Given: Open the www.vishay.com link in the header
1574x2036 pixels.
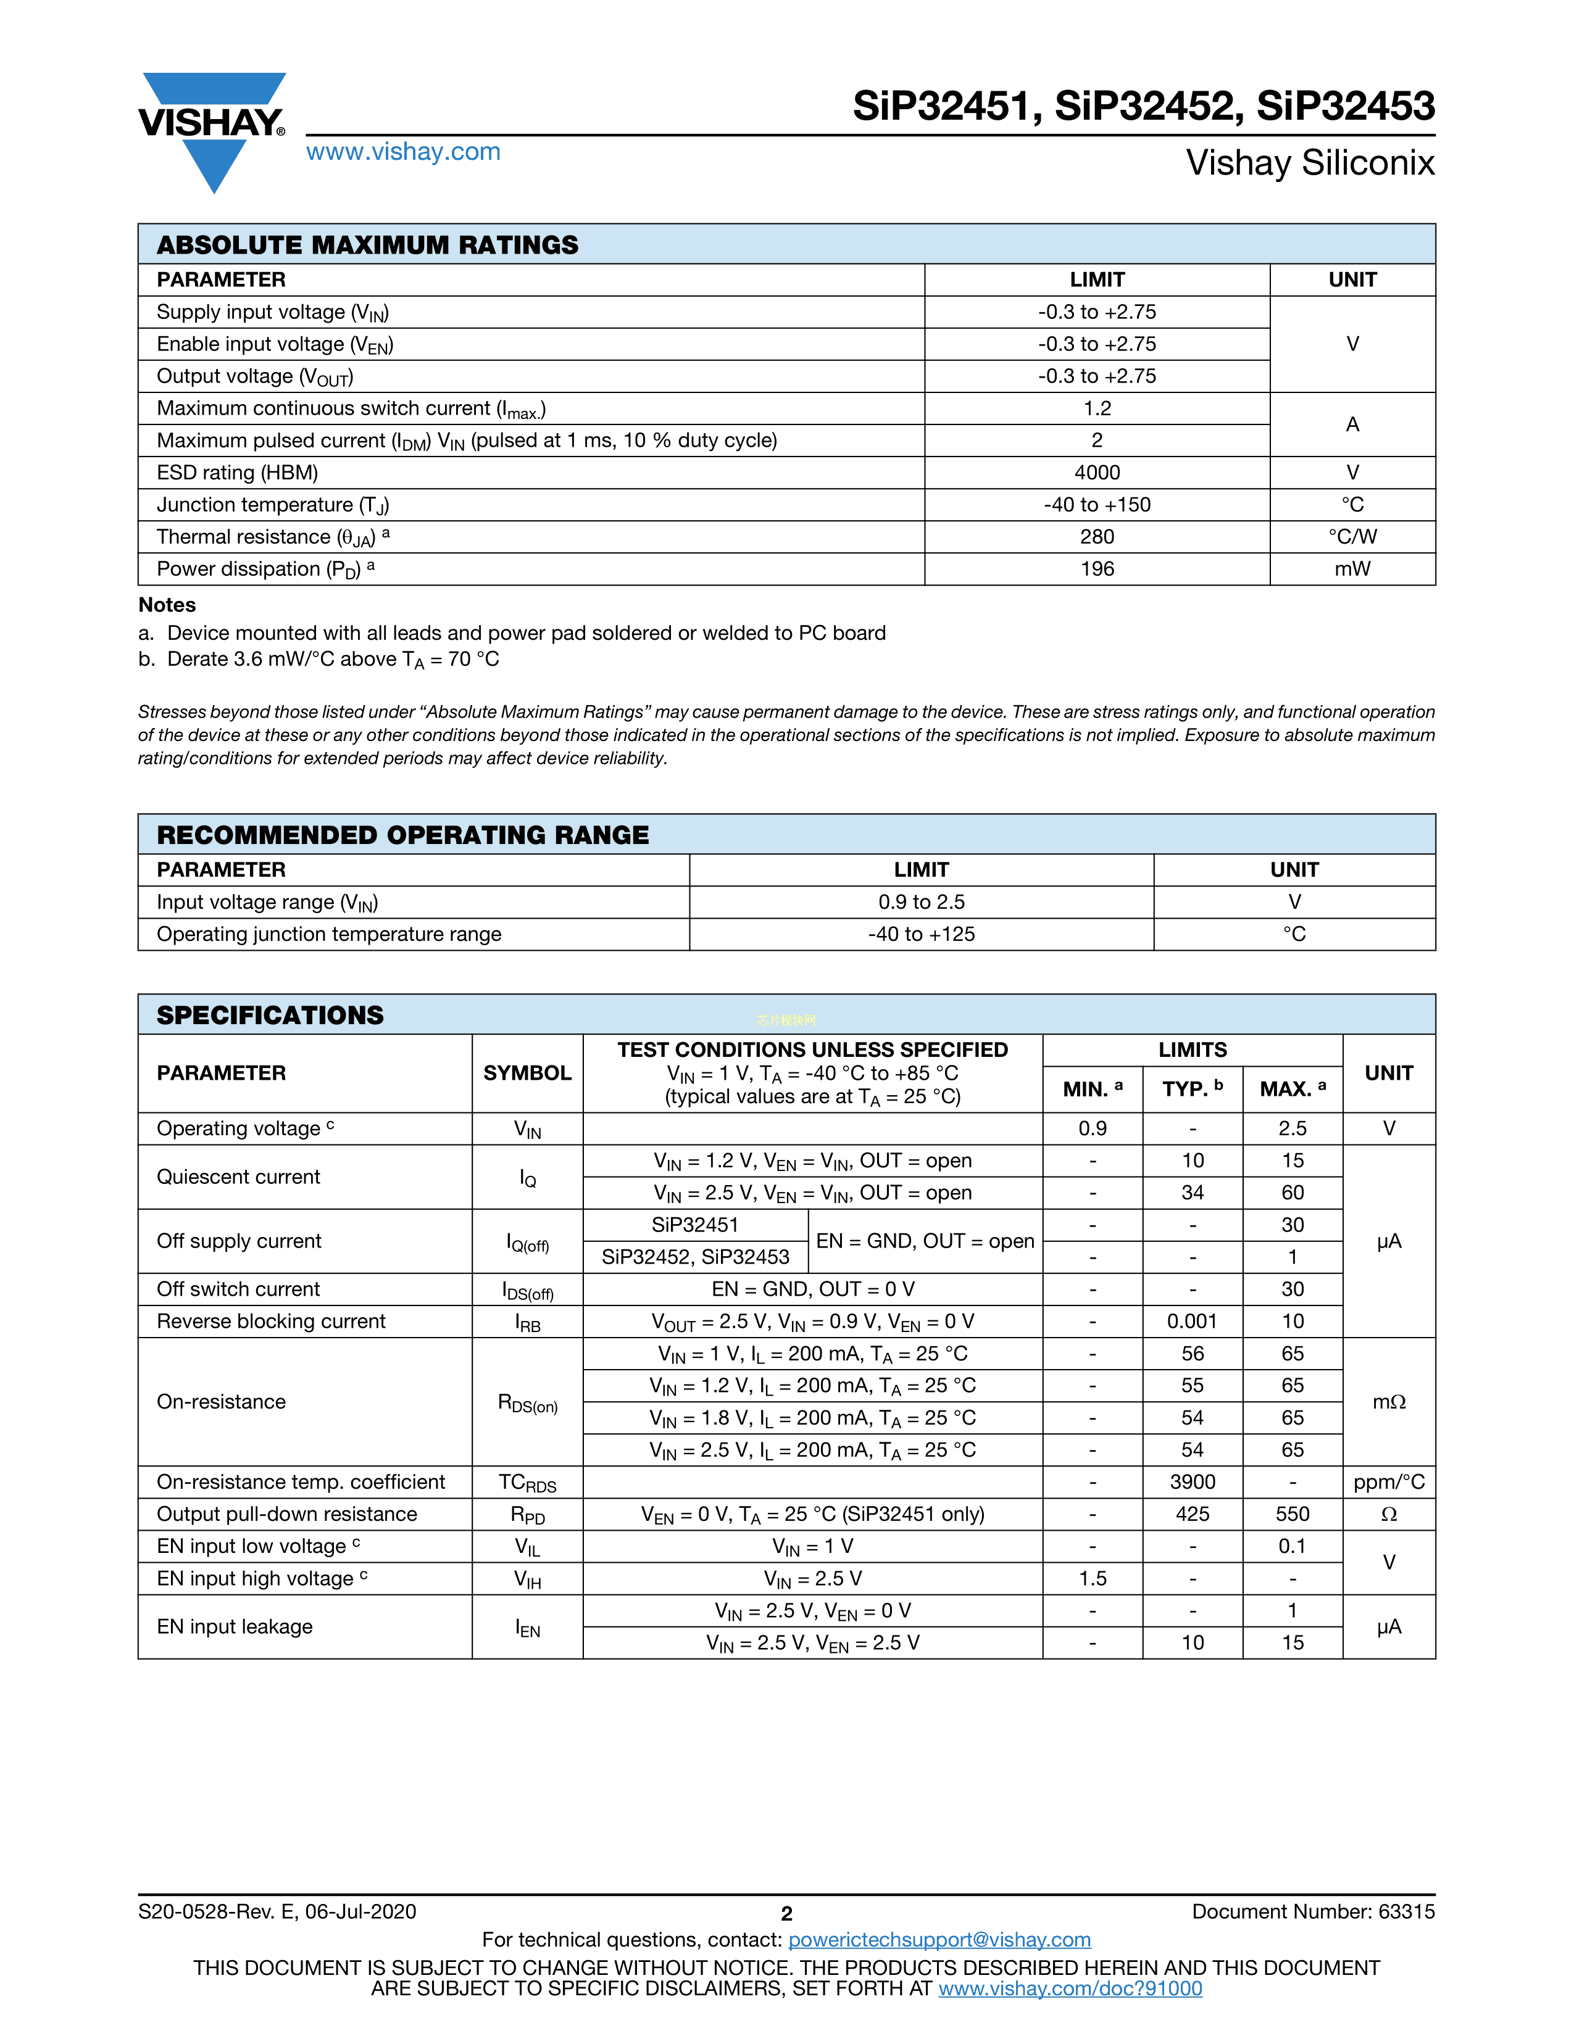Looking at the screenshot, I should [403, 152].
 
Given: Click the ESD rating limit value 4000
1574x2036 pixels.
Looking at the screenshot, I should [1097, 473].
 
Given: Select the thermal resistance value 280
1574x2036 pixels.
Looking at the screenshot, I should [1097, 537].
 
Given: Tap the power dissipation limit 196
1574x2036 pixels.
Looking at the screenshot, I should [1097, 569].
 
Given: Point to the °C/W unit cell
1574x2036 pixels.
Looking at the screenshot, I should [1352, 537].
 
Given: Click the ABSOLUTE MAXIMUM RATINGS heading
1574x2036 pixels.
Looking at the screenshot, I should [367, 245].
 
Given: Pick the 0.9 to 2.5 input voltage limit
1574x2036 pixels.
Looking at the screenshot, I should [922, 903].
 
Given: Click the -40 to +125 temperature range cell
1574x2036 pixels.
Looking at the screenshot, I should [922, 934].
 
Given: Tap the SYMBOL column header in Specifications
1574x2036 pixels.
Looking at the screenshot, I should [527, 1073].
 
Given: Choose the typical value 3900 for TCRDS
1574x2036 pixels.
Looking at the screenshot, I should [1193, 1482].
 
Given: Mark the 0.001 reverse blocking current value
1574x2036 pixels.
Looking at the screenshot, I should [1193, 1322].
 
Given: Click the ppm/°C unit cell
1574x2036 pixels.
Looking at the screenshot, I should [1388, 1482].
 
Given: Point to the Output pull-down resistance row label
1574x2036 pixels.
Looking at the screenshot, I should [287, 1514].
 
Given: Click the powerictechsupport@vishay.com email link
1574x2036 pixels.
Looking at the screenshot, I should [939, 1940].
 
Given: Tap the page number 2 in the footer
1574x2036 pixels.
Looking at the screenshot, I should [786, 1914].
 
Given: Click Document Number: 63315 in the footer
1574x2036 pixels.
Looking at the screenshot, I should [1313, 1912].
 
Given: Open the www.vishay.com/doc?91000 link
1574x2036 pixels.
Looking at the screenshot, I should [1070, 1988].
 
